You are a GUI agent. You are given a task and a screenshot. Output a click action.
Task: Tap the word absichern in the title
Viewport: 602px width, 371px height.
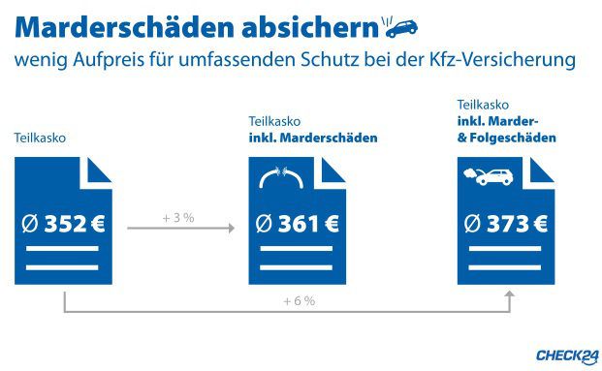315,23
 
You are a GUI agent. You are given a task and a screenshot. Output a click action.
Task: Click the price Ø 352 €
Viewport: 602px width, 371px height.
63,226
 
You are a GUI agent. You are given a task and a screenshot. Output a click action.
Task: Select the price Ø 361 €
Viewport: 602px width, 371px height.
297,226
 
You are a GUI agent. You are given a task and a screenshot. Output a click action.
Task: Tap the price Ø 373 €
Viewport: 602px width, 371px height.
506,226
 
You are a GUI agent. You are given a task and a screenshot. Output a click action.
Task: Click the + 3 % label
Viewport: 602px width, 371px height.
179,218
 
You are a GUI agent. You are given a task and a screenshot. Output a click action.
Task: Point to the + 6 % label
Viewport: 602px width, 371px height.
300,301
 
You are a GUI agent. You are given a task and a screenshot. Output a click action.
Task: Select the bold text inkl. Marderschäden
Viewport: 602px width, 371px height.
312,139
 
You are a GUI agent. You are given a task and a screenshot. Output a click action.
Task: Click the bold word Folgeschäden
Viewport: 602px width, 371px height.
514,139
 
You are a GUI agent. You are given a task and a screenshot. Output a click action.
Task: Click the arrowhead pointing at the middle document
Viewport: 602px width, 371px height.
231,229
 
